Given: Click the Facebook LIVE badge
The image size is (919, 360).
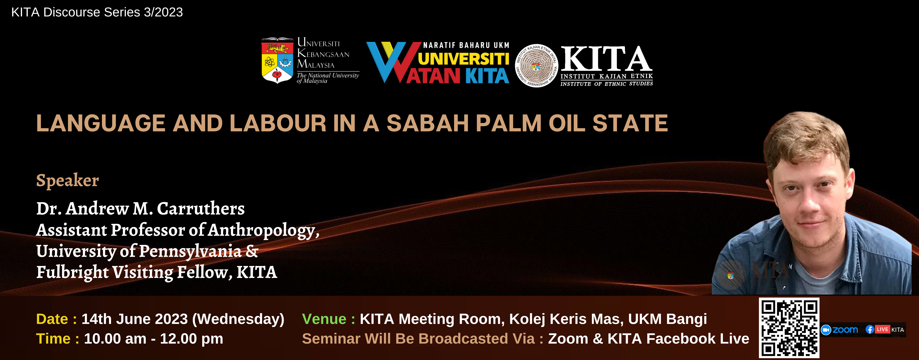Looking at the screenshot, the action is (885, 329).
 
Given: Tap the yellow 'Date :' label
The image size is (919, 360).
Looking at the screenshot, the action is (56, 319).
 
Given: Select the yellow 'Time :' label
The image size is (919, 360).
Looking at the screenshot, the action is (57, 339).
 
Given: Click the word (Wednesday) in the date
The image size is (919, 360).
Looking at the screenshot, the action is (238, 319).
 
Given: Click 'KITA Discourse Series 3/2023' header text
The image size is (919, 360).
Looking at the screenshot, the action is (97, 12).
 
